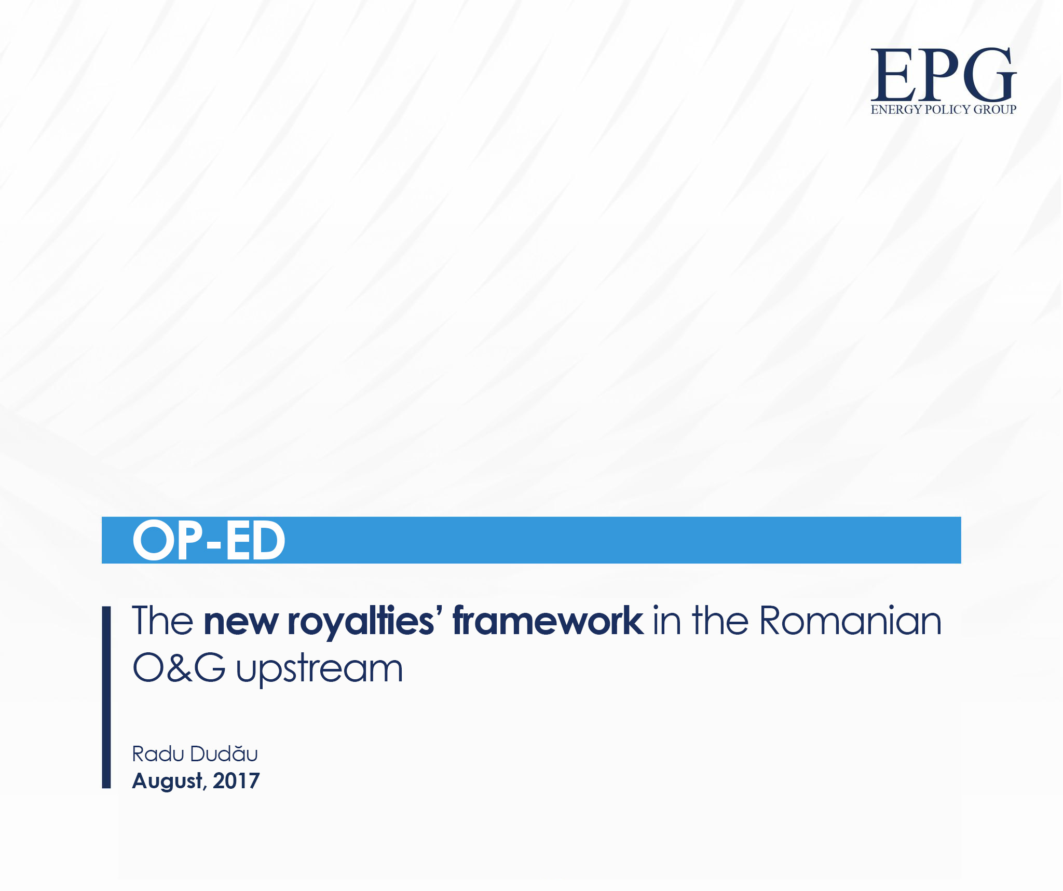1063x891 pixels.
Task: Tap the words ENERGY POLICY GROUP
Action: [943, 109]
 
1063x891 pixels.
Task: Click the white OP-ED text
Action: [209, 540]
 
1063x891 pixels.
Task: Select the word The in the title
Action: [162, 621]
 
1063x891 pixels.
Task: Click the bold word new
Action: [241, 622]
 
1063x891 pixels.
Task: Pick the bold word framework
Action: [548, 621]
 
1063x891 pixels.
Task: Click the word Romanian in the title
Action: [850, 621]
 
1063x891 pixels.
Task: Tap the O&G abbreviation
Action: [179, 668]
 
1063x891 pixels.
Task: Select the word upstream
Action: [319, 669]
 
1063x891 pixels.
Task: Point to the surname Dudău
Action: [224, 753]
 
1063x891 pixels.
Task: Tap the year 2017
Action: [236, 781]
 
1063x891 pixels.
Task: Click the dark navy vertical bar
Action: [106, 697]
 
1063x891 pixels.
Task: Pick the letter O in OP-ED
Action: [154, 540]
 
